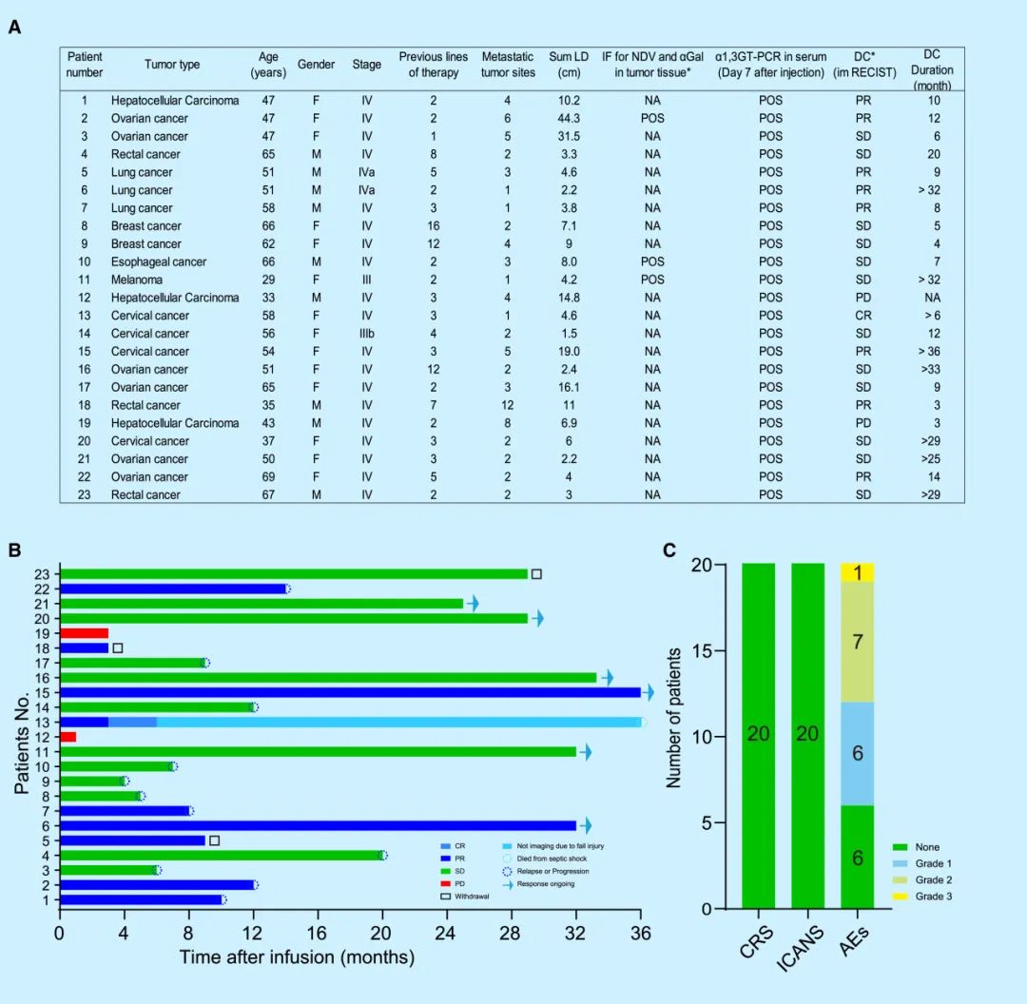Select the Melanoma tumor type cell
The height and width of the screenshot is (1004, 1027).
click(136, 280)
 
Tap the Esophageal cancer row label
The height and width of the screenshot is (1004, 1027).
click(158, 261)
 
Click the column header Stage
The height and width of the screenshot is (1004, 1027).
click(366, 65)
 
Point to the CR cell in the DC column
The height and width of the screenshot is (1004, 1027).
click(863, 315)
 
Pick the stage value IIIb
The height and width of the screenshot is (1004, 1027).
click(368, 333)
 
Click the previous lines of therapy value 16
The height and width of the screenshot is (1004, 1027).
click(433, 225)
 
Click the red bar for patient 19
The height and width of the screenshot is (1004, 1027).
click(84, 633)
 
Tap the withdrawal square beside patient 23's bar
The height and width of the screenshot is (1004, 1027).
click(536, 574)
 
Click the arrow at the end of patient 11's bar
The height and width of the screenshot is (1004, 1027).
click(586, 752)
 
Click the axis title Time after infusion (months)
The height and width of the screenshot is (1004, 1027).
click(297, 956)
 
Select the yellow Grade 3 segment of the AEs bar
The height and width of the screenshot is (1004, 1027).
click(857, 572)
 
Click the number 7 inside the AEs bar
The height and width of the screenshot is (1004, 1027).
click(857, 642)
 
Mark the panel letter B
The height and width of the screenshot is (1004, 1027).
click(14, 550)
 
